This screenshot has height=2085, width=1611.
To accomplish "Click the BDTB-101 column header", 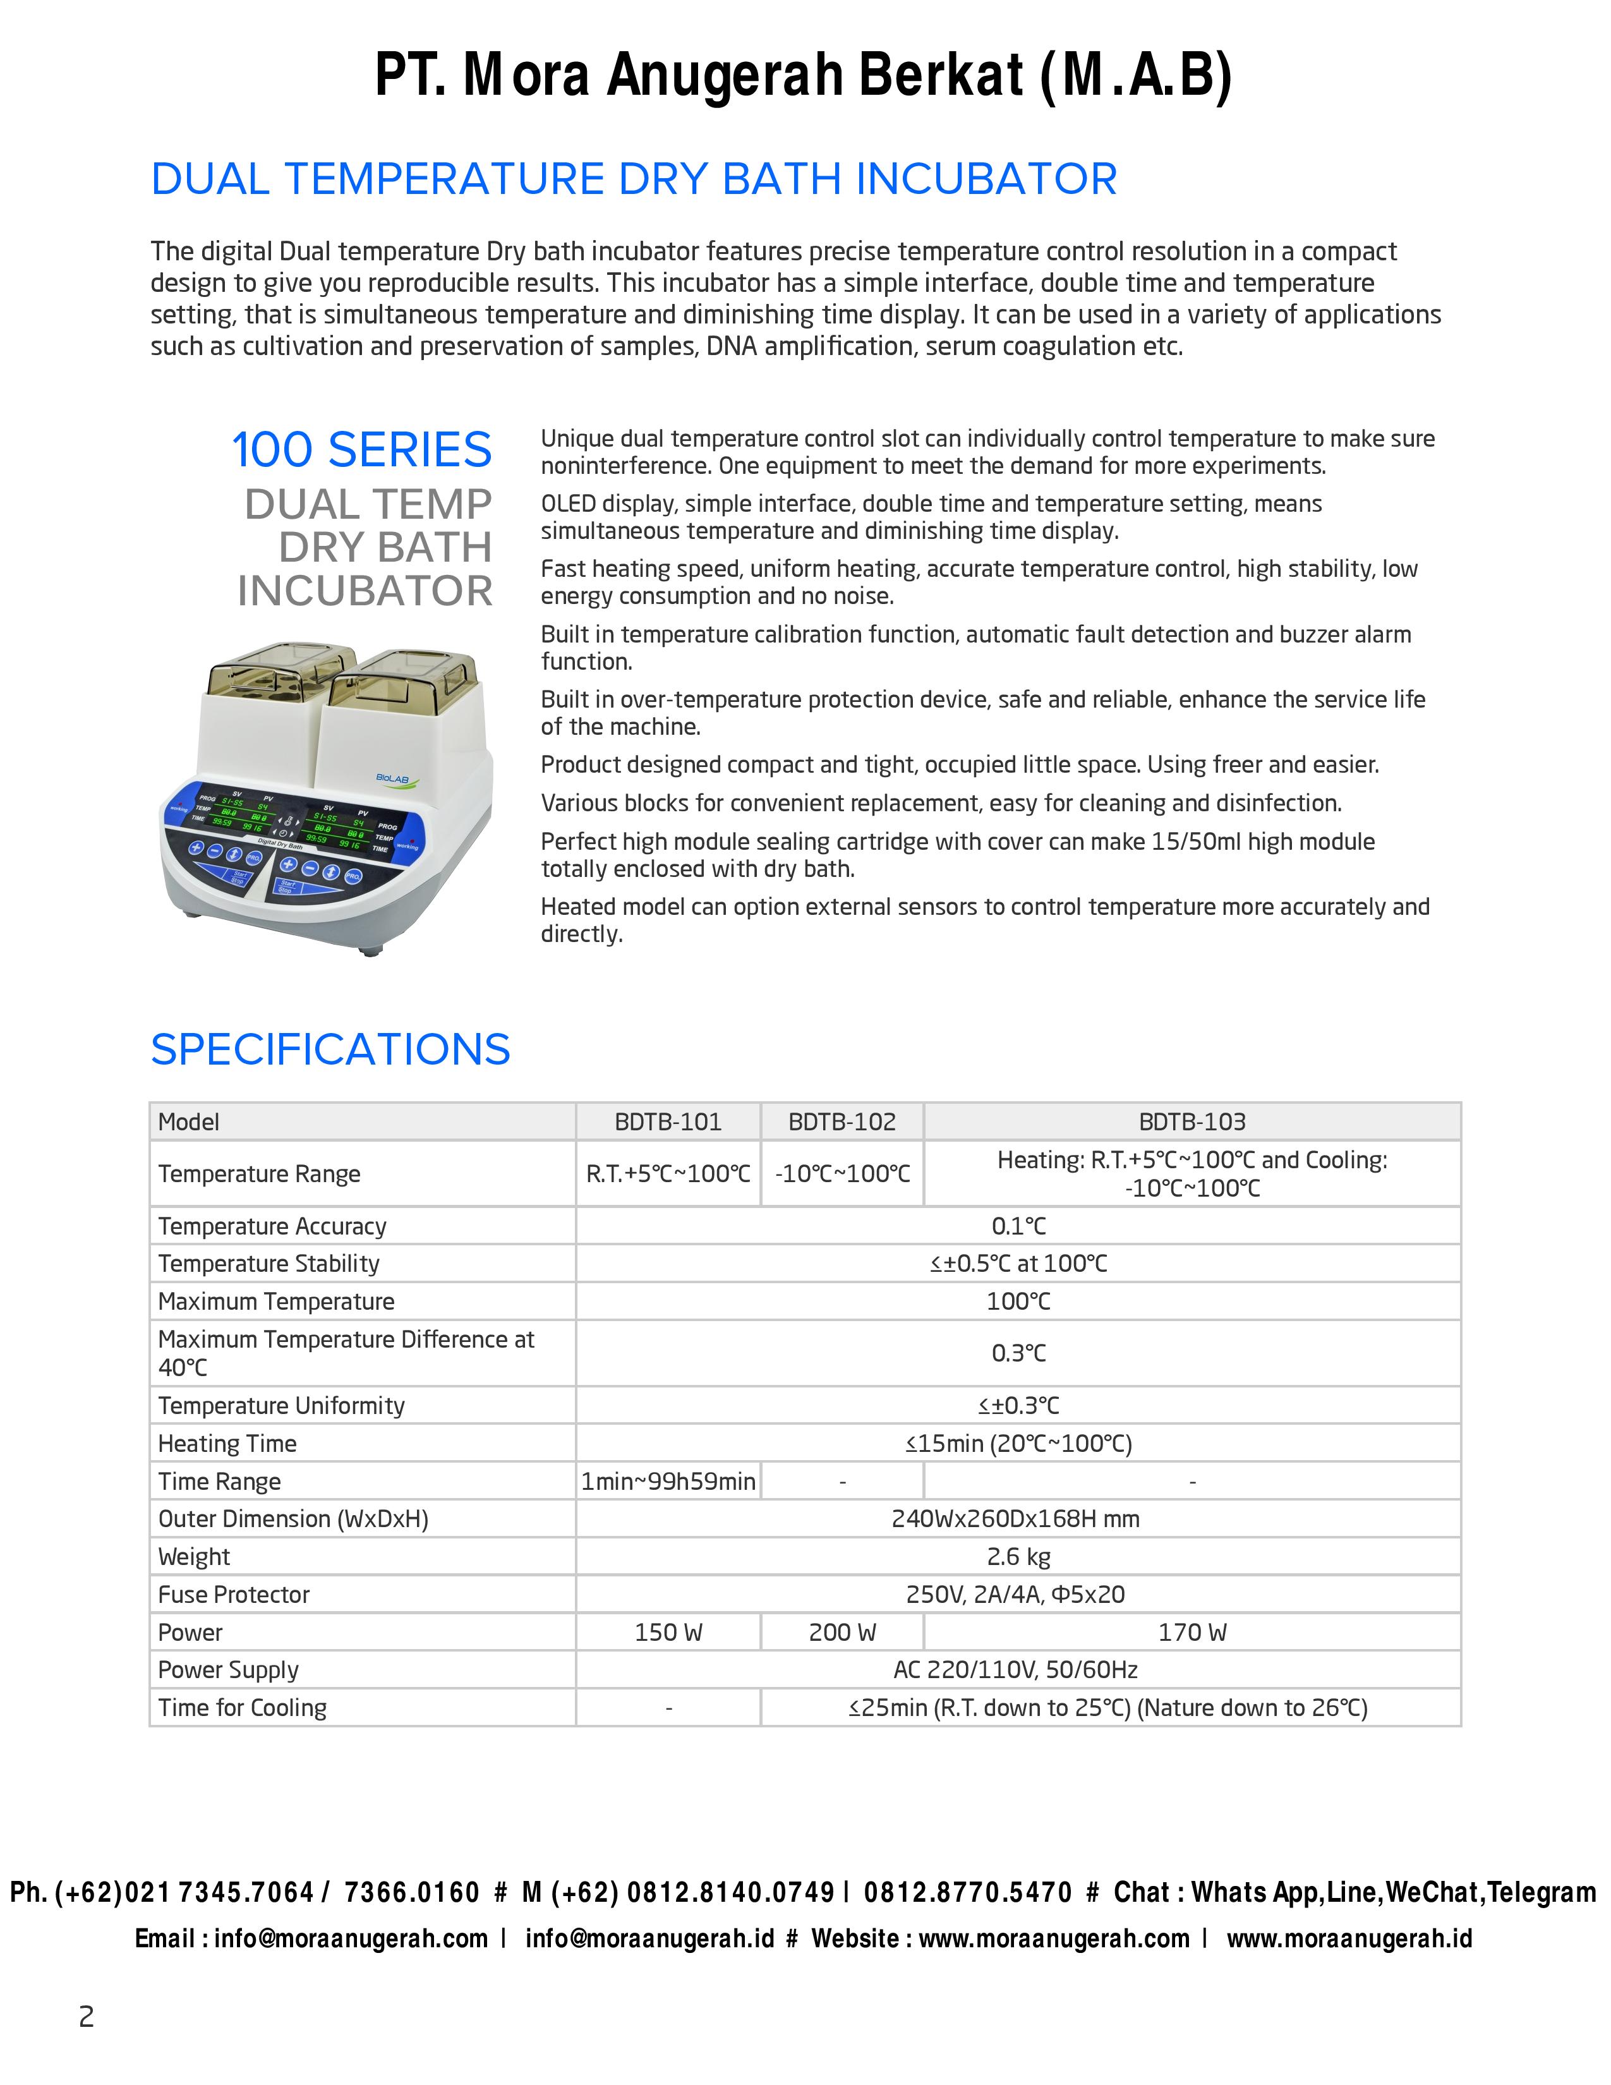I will pos(668,1121).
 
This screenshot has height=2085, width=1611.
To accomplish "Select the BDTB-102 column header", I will pos(842,1121).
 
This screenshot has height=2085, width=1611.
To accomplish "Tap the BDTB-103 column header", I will pos(1192,1121).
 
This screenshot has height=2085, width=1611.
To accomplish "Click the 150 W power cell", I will pos(668,1633).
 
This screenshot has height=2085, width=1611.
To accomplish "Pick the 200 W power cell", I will pos(842,1633).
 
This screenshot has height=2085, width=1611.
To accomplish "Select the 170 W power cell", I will pos(1192,1633).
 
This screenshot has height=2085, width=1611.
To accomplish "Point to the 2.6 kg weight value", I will pos(1018,1557).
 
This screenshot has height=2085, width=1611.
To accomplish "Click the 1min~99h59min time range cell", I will pos(668,1482).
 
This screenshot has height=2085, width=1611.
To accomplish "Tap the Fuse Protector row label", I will pos(234,1594).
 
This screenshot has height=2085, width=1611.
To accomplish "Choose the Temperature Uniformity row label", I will pos(282,1405).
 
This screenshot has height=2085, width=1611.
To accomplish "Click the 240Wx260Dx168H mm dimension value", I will pos(1015,1519).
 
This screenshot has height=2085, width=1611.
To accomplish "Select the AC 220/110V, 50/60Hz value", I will pos(1015,1670).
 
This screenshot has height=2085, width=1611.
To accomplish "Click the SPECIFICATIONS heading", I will pos(330,1049).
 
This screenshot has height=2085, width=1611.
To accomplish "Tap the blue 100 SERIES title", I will pos(362,450).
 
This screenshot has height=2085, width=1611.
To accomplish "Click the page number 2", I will pos(86,2017).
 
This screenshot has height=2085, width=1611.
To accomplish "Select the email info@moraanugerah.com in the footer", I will pos(350,1939).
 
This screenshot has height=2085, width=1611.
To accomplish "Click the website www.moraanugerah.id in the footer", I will pos(1349,1939).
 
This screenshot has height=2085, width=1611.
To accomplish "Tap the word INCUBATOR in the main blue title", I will pos(986,179).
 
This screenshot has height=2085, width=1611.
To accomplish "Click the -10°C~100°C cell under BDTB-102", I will pos(842,1175).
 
